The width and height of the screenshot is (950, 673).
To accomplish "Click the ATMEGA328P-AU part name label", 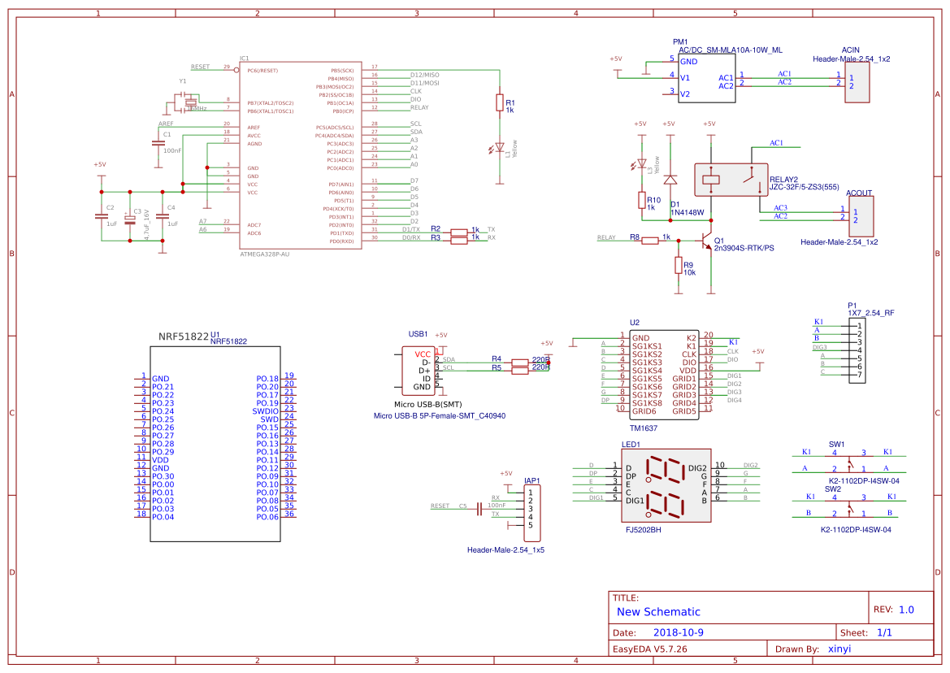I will point(265,254).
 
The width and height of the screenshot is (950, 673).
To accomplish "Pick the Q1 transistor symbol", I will point(705,241).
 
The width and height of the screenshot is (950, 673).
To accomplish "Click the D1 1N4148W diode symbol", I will point(670,180).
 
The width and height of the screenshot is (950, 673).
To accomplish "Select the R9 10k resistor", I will point(678,266).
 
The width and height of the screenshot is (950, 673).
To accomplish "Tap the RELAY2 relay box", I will point(731,179).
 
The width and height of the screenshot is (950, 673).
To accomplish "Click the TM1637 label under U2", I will point(643,428).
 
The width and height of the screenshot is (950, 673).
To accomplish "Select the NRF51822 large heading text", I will point(183,336).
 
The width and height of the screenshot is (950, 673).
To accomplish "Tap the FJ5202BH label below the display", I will point(643,529).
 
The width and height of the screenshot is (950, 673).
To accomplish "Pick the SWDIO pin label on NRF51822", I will point(265,411).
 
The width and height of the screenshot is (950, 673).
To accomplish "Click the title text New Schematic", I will point(658,612).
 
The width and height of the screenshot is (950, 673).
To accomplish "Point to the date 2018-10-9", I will point(679,632).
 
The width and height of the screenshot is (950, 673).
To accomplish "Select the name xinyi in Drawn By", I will point(839,649).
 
